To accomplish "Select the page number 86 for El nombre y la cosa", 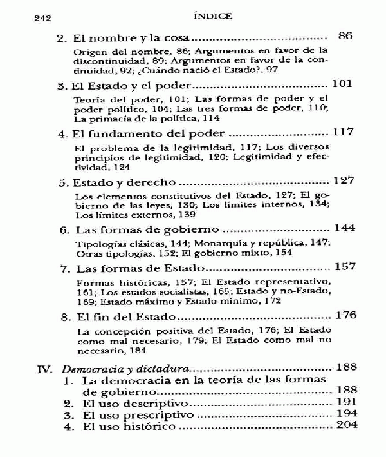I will pyautogui.click(x=345, y=36).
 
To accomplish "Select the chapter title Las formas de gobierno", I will pyautogui.click(x=149, y=229).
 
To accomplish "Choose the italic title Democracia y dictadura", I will pyautogui.click(x=121, y=369).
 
